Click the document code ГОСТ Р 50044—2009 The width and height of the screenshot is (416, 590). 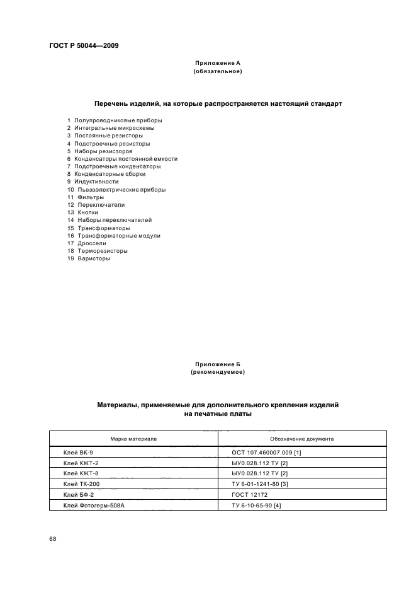click(84, 46)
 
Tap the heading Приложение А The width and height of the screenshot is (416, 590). click(218, 63)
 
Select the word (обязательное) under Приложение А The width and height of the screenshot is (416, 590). click(218, 71)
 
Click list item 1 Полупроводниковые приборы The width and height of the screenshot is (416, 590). click(115, 120)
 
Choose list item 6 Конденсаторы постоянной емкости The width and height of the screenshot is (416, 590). click(122, 159)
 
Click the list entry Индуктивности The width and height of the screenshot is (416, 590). click(97, 182)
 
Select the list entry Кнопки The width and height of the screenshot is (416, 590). click(87, 212)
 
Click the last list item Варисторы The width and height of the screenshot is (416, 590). click(93, 258)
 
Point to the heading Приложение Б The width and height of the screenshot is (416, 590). click(218, 364)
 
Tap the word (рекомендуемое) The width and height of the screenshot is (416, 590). click(218, 373)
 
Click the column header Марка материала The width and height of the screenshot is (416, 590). click(133, 439)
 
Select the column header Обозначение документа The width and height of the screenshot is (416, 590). click(302, 439)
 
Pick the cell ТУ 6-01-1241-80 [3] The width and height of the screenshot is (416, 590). click(260, 483)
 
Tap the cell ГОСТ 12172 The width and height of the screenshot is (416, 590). click(250, 494)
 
